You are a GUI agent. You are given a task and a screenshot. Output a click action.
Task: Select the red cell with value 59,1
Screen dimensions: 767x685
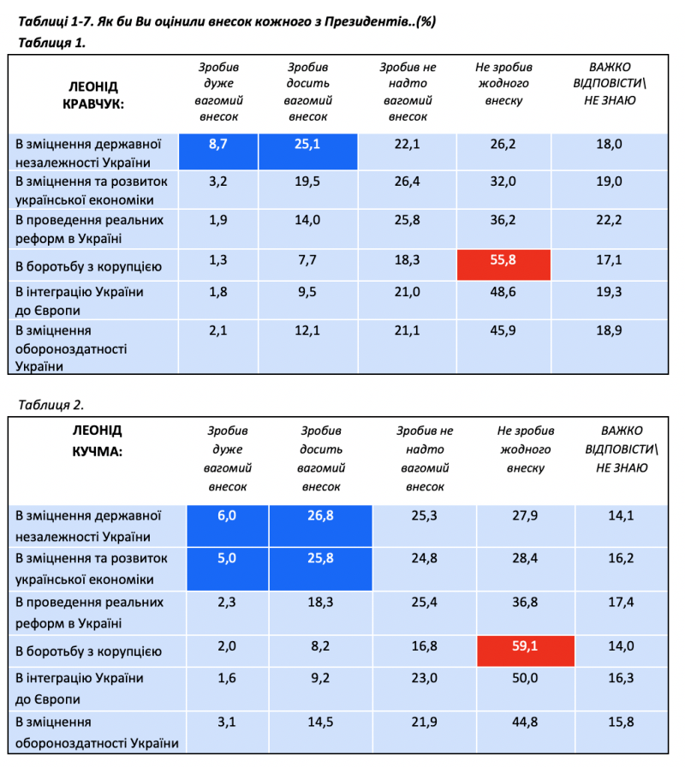[524, 646]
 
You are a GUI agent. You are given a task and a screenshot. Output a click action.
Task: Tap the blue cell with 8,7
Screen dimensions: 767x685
[218, 145]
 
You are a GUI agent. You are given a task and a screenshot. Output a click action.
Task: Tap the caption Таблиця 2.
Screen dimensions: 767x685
[51, 403]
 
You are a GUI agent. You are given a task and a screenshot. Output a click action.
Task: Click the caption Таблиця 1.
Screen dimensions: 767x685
[51, 41]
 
